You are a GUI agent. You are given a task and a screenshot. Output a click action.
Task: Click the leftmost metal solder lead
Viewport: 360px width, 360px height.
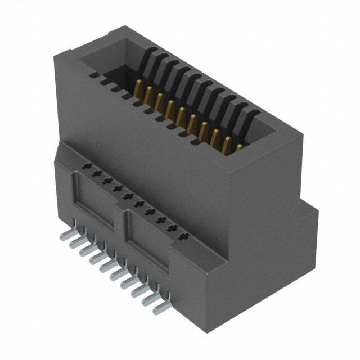[73, 240]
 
